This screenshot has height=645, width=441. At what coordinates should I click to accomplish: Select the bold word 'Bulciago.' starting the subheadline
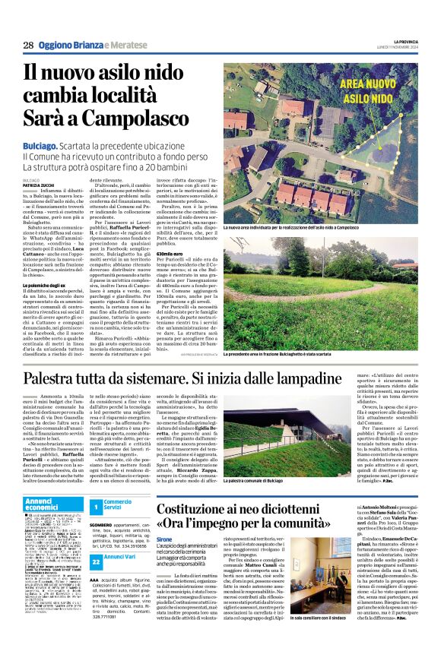[x=43, y=144]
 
